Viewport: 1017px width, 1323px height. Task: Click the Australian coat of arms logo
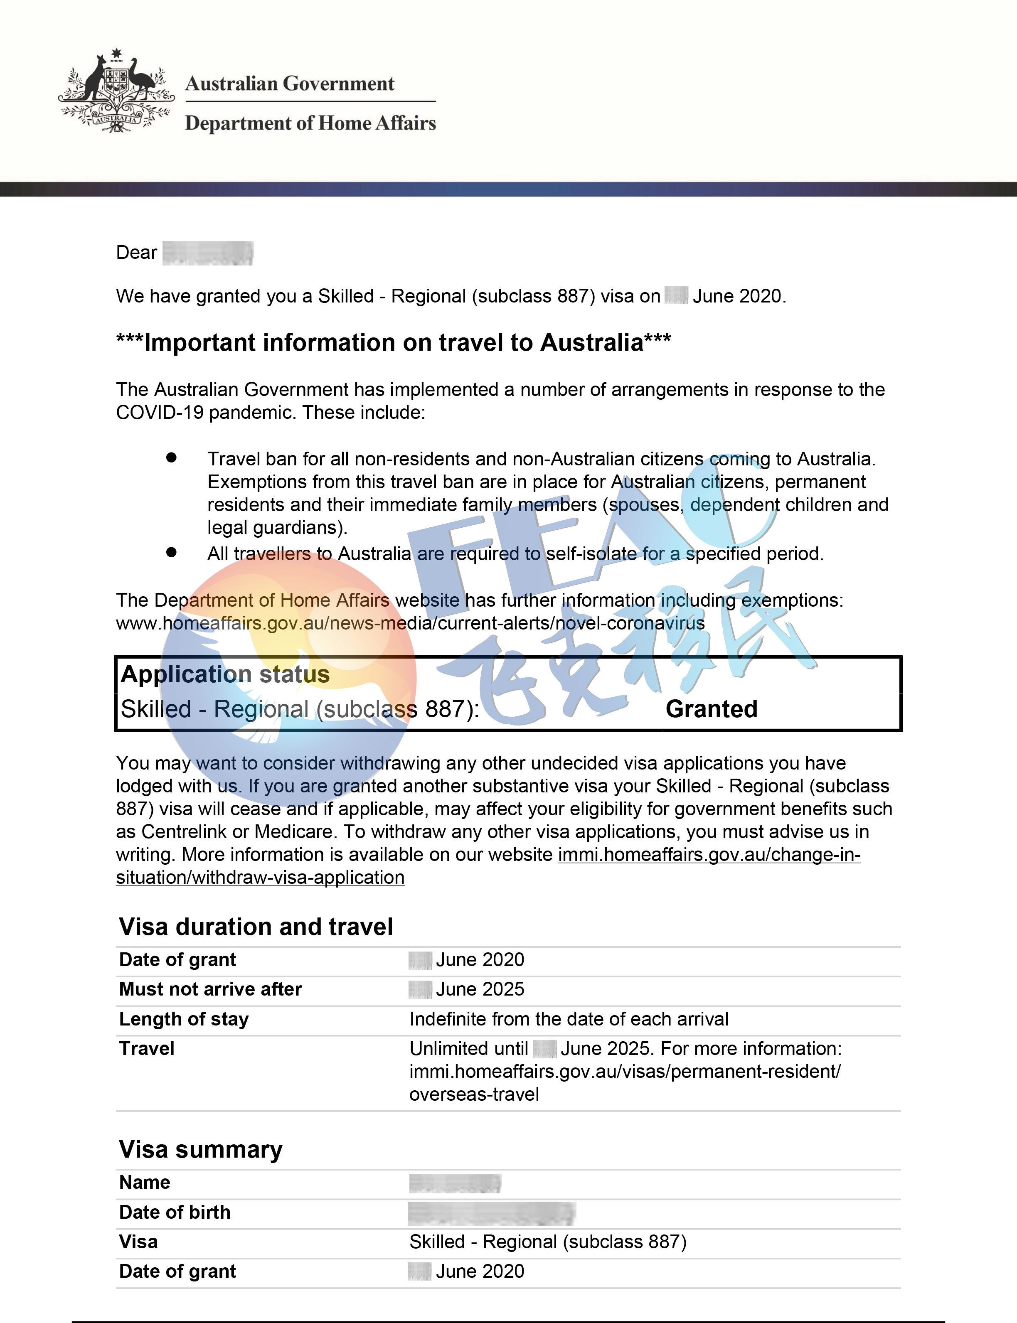[116, 91]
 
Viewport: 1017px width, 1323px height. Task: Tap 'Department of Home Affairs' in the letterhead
[310, 123]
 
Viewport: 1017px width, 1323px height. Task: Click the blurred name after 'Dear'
[208, 253]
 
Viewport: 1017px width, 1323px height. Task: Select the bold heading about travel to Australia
[394, 342]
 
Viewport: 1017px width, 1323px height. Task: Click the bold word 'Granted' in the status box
[711, 709]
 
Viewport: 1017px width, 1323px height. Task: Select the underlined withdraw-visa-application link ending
[260, 877]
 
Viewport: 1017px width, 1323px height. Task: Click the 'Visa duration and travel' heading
[256, 927]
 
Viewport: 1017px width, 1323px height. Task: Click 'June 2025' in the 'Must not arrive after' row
[480, 989]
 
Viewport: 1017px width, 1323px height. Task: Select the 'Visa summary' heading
[200, 1149]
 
